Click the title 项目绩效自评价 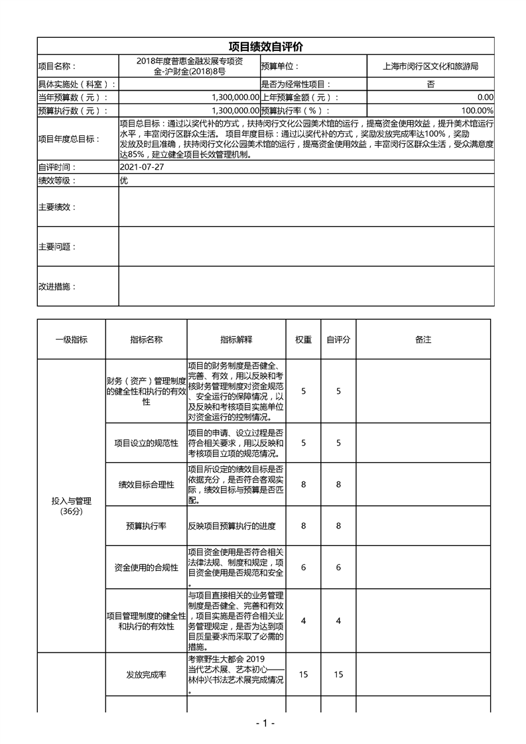(265, 46)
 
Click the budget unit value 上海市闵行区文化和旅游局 (430, 66)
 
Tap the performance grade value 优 (123, 180)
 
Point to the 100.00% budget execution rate (477, 111)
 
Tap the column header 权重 (303, 340)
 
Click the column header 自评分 (338, 340)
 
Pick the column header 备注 (423, 340)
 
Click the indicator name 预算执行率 (146, 526)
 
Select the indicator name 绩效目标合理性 (146, 485)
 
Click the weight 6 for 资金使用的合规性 (303, 568)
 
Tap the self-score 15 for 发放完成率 (338, 674)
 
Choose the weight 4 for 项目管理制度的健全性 (303, 621)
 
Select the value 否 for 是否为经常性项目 (430, 84)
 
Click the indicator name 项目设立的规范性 (146, 443)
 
